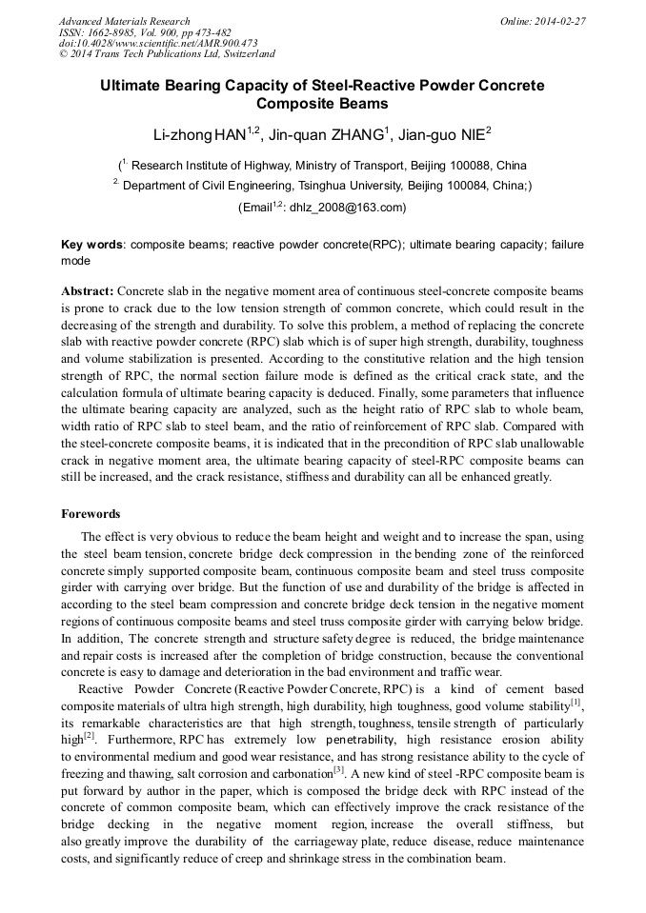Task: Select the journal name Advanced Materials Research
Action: [x=124, y=21]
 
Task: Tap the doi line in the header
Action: [x=158, y=43]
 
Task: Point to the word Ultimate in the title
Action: [x=136, y=86]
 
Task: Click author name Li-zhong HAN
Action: [x=199, y=132]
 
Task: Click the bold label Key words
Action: [x=91, y=245]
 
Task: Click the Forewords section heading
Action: [x=91, y=514]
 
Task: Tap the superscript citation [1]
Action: [x=575, y=703]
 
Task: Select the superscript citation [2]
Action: [x=90, y=735]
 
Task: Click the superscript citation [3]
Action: [x=338, y=767]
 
